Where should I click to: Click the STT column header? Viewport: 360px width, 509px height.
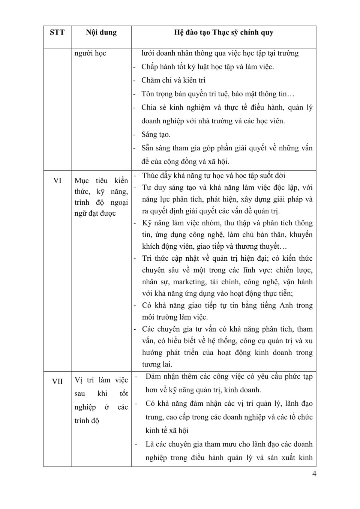[57, 33]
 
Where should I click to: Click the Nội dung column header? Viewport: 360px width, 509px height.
[101, 33]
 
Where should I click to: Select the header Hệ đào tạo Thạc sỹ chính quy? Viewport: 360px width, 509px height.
[223, 33]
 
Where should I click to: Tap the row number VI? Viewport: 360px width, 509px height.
[57, 181]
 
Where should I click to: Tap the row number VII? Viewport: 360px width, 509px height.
[57, 381]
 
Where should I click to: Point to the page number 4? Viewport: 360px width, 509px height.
[314, 474]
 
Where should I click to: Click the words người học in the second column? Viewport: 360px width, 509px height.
[90, 53]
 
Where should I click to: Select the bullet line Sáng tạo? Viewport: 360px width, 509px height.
[156, 134]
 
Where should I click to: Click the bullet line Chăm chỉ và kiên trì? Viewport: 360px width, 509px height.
[173, 80]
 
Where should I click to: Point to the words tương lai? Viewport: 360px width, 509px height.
[157, 364]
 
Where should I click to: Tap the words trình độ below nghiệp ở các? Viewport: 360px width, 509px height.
[87, 421]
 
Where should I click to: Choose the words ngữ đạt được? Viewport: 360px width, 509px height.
[95, 213]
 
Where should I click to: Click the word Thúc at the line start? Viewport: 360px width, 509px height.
[150, 176]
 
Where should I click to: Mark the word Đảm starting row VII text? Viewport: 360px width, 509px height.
[153, 377]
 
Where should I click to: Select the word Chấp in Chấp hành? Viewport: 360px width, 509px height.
[149, 67]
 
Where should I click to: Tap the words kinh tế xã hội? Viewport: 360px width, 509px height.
[167, 431]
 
